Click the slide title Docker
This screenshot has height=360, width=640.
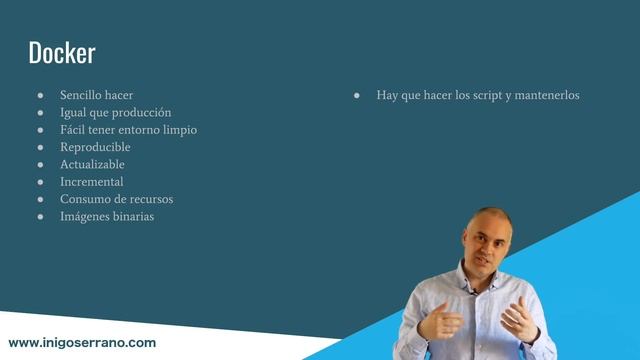61,53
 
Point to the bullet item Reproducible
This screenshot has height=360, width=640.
96,147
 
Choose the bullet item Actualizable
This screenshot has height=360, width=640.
93,164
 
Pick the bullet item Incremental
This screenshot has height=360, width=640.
92,182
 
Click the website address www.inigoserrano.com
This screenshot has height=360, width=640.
82,342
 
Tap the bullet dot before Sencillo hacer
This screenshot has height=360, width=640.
41,95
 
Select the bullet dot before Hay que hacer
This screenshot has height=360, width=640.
357,95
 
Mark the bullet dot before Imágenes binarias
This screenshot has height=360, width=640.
41,217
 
